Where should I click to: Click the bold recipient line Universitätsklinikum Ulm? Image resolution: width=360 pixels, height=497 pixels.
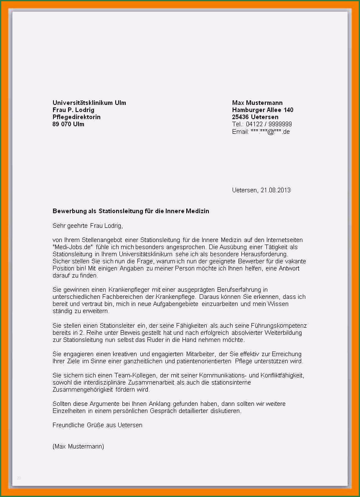pyautogui.click(x=89, y=103)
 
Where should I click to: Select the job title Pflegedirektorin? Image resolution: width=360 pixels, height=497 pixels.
pyautogui.click(x=76, y=117)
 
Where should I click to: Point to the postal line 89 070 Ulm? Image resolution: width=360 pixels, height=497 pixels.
pyautogui.click(x=68, y=124)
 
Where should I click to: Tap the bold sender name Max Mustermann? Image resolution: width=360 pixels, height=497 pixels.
pyautogui.click(x=257, y=103)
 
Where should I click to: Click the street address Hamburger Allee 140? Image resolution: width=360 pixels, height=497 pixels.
pyautogui.click(x=263, y=110)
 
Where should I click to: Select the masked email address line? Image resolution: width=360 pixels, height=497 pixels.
pyautogui.click(x=261, y=132)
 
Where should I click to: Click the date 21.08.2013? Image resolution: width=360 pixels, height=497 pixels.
pyautogui.click(x=275, y=190)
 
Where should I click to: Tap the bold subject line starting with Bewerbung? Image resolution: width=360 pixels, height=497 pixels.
pyautogui.click(x=131, y=211)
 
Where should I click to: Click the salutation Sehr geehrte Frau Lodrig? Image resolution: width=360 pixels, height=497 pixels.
pyautogui.click(x=88, y=226)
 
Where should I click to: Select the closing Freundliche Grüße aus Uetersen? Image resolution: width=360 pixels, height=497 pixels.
pyautogui.click(x=97, y=425)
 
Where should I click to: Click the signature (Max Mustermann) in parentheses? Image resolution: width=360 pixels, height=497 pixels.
pyautogui.click(x=78, y=446)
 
